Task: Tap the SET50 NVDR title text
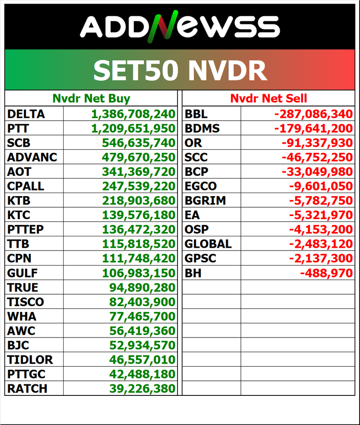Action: pos(180,70)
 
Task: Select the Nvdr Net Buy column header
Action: pos(91,98)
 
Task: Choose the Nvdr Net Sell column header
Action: pos(269,98)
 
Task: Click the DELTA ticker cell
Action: pos(27,114)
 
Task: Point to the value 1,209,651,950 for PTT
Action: pos(133,129)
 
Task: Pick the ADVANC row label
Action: pos(32,157)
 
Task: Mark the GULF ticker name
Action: pos(23,273)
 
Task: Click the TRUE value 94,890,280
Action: pos(142,288)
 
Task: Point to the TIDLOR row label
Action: pos(30,360)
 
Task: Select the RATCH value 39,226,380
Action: pos(142,389)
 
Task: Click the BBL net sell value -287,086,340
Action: pos(314,114)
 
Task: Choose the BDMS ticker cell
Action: pos(202,129)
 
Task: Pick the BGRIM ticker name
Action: pos(205,201)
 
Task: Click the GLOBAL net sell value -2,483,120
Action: pos(321,244)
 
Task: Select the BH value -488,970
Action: pos(326,273)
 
